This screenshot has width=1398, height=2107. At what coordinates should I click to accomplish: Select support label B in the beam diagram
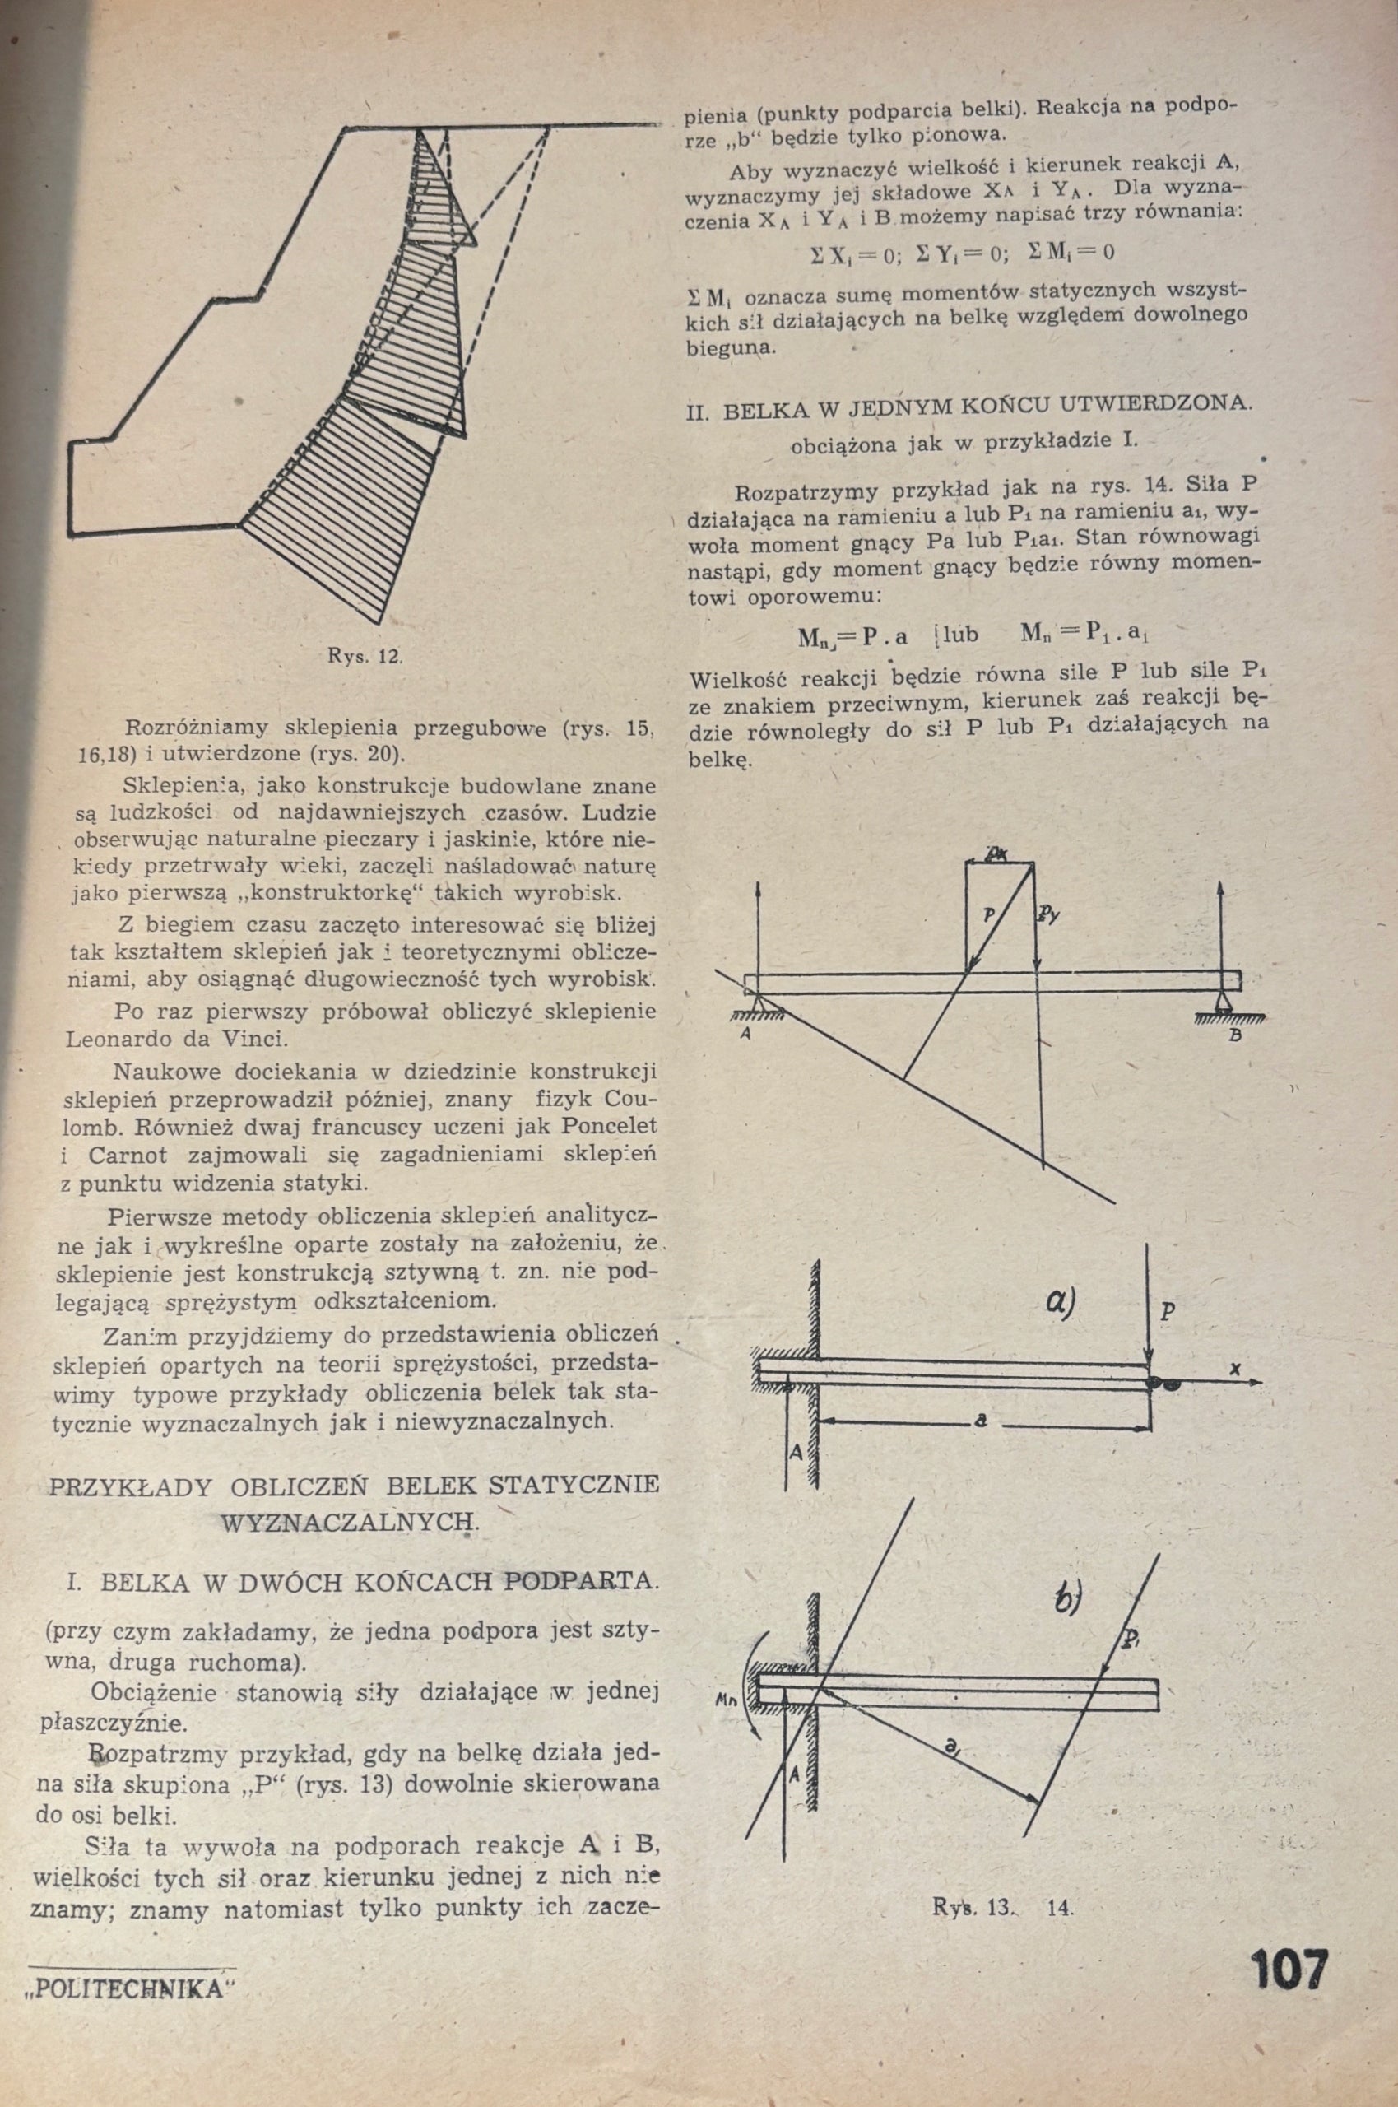[x=1235, y=1036]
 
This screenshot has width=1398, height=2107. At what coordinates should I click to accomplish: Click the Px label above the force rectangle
[x=997, y=854]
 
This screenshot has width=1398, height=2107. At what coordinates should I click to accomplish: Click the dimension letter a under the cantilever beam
[x=981, y=1424]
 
